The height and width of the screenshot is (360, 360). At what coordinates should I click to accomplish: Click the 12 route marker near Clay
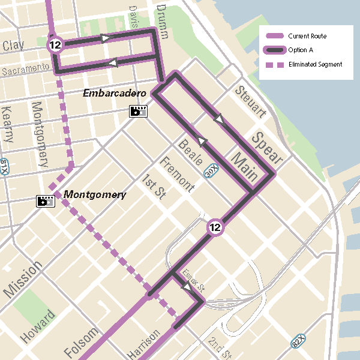[x=56, y=45]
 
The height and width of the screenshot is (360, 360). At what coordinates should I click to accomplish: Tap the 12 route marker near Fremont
[x=215, y=227]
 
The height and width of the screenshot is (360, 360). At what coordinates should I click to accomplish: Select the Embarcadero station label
[x=115, y=94]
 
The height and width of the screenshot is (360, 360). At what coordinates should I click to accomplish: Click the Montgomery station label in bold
[x=95, y=194]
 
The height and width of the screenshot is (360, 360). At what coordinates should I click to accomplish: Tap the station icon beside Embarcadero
[x=138, y=111]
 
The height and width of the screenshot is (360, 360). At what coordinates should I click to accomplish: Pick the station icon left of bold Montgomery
[x=46, y=201]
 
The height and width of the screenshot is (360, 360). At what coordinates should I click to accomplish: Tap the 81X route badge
[x=4, y=166]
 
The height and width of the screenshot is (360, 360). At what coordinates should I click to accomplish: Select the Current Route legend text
[x=307, y=36]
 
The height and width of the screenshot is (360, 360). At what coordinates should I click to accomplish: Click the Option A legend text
[x=301, y=50]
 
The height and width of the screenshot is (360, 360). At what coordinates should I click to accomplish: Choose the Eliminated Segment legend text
[x=315, y=64]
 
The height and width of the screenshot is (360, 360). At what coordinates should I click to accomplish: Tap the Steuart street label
[x=250, y=102]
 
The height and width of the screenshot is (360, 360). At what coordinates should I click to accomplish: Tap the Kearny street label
[x=8, y=124]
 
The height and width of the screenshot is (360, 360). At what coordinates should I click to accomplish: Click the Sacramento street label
[x=25, y=69]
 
